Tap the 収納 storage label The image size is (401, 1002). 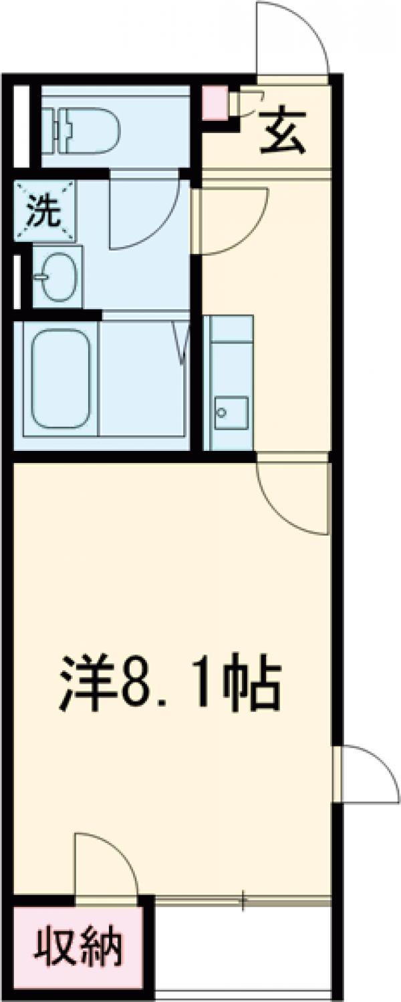click(x=79, y=947)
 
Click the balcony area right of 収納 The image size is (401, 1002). click(x=244, y=949)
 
